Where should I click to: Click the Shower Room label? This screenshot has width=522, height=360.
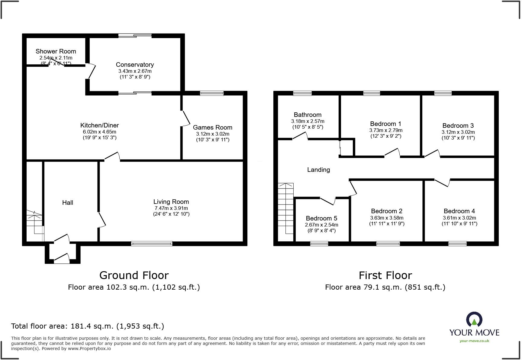coord(56,51)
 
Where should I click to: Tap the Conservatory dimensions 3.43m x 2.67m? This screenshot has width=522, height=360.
coord(135,71)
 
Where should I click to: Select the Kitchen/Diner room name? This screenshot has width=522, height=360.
coord(99,125)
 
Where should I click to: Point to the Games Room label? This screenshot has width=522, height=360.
coord(212,127)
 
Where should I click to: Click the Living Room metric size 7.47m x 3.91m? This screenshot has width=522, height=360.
coord(171,208)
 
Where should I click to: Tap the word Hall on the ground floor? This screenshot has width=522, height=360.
coord(68,203)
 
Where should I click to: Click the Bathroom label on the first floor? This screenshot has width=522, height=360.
coord(308,115)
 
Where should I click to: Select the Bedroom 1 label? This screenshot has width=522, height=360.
coord(385,124)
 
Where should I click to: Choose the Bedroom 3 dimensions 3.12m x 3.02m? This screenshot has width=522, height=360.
coord(458,132)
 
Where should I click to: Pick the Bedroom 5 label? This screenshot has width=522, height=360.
coord(321,218)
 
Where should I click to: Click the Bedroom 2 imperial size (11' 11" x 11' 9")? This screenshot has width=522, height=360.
coord(387,224)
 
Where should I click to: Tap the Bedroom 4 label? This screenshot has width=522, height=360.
coord(459,211)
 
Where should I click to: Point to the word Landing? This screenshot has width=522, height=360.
coord(318,170)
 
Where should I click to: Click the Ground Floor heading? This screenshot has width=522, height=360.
coord(134,275)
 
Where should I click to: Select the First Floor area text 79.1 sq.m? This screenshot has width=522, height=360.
coord(385,287)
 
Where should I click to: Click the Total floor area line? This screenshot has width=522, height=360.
coord(88,326)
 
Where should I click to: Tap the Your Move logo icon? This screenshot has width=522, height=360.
coord(474,320)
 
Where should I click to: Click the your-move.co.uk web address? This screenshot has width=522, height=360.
coord(474,341)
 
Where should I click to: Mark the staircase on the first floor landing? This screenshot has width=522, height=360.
coord(286,208)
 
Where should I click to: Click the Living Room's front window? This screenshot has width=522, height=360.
coord(152,243)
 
